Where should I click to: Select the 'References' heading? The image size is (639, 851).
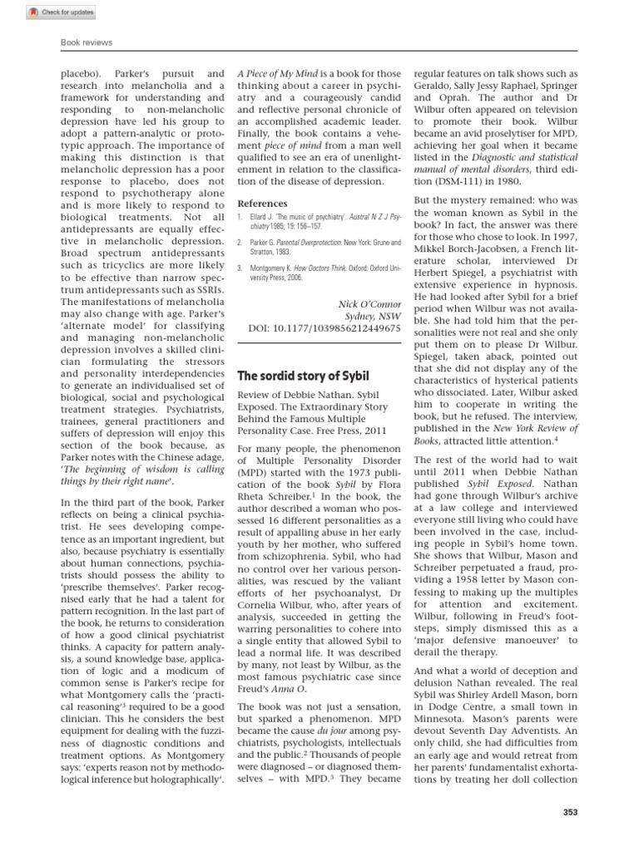click(x=262, y=203)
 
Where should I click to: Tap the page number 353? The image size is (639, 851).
click(x=569, y=812)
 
